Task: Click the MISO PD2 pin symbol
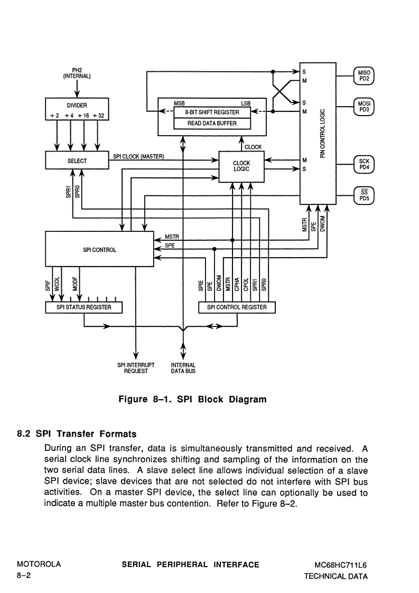(364, 76)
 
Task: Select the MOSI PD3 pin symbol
(364, 107)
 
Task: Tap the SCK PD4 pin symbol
(364, 164)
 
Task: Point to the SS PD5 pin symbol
(364, 195)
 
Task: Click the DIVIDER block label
(77, 106)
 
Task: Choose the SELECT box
(77, 161)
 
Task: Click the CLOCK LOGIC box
(241, 166)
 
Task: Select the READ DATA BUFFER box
(212, 124)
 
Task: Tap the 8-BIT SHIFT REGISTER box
(212, 112)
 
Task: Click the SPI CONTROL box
(99, 249)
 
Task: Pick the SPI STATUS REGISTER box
(83, 307)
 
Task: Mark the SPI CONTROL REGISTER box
(237, 307)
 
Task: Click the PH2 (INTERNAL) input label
(77, 73)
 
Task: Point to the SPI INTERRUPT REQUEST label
(136, 368)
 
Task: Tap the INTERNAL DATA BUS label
(183, 368)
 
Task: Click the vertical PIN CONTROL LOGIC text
(322, 134)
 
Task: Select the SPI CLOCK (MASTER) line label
(138, 157)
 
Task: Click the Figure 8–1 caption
(193, 399)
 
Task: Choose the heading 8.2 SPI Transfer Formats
(77, 434)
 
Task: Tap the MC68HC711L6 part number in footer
(341, 566)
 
